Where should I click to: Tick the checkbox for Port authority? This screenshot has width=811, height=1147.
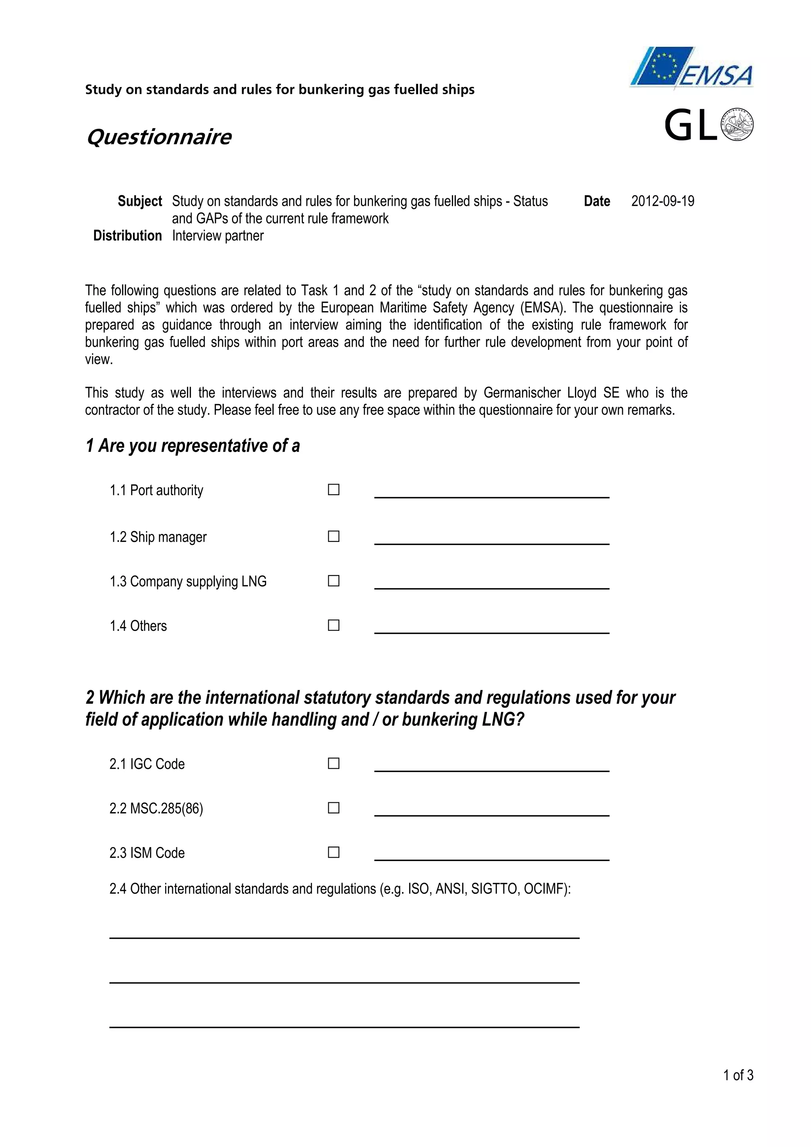pyautogui.click(x=333, y=490)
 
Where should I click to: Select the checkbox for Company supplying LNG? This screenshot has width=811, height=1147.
pyautogui.click(x=333, y=581)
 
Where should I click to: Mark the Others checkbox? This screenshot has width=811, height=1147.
pyautogui.click(x=333, y=625)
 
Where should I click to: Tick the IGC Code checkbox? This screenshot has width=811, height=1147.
pyautogui.click(x=333, y=763)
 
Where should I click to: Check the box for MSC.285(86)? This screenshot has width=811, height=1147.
pyautogui.click(x=333, y=808)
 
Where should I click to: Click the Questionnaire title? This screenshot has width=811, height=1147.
pyautogui.click(x=159, y=137)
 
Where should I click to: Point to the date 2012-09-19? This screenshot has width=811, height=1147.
pyautogui.click(x=663, y=201)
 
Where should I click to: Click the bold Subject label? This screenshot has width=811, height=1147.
pyautogui.click(x=140, y=201)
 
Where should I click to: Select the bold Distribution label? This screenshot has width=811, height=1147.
pyautogui.click(x=128, y=236)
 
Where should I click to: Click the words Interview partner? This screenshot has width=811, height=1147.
pyautogui.click(x=218, y=236)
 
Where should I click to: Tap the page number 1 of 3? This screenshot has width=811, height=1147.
pyautogui.click(x=738, y=1075)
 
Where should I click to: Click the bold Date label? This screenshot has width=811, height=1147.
pyautogui.click(x=597, y=201)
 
